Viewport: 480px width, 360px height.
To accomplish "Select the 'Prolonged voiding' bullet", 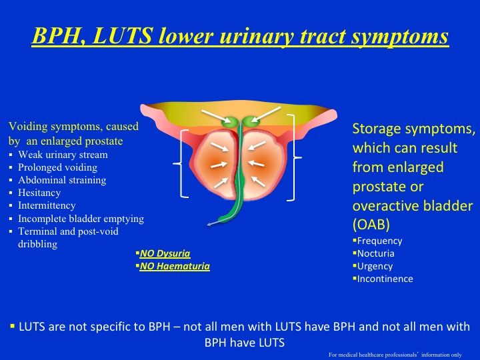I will tap(57, 168).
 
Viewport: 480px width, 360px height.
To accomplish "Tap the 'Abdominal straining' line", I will tap(62, 181).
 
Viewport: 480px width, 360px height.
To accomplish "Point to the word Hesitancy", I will tap(39, 193).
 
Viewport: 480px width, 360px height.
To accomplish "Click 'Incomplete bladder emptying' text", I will tap(81, 219).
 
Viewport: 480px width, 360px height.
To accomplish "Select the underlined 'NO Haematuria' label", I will tap(174, 266).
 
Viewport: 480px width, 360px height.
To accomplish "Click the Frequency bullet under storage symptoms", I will tap(379, 241).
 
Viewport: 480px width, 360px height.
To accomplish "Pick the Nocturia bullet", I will tap(375, 253).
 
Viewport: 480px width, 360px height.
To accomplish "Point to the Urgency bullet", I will tap(375, 266).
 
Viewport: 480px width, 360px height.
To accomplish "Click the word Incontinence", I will tap(385, 279).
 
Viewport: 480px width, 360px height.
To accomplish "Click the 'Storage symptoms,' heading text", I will tap(413, 128).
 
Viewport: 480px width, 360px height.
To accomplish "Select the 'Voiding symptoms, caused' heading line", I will tap(73, 126).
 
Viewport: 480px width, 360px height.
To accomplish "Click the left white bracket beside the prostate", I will tap(181, 164).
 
